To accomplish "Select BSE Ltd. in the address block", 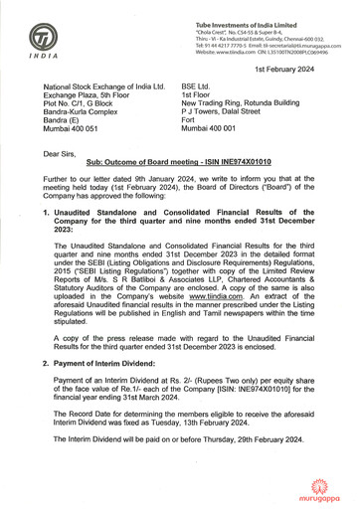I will (198, 86).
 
